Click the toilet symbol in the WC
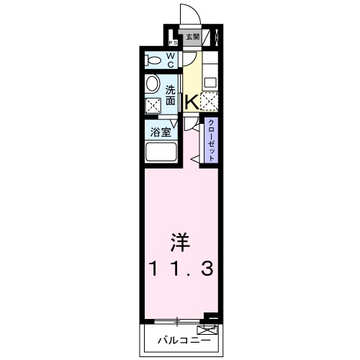click(x=153, y=60)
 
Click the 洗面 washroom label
click(x=171, y=95)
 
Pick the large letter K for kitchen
click(x=192, y=102)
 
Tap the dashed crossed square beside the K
click(x=210, y=102)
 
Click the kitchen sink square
click(x=210, y=81)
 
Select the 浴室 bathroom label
click(x=160, y=132)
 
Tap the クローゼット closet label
click(x=211, y=140)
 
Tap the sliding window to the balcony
click(x=176, y=319)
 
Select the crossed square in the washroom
click(x=153, y=107)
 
